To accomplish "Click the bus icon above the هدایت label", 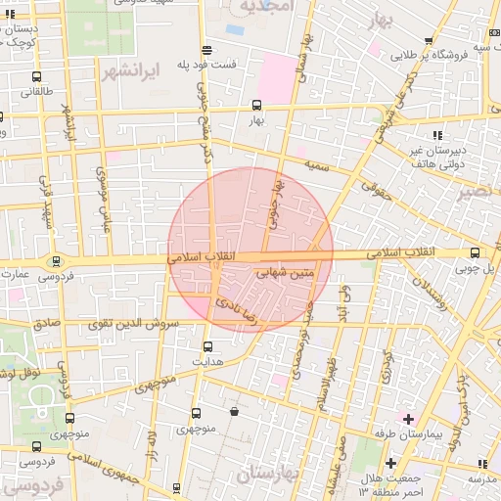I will (x=206, y=345).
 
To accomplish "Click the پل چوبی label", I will (x=482, y=267).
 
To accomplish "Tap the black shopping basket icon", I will (x=235, y=412).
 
